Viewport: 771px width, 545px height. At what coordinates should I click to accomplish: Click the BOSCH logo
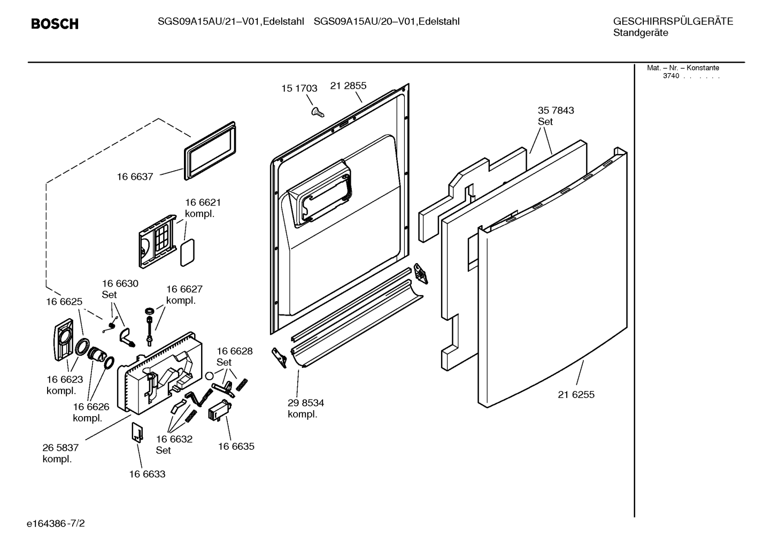click(55, 24)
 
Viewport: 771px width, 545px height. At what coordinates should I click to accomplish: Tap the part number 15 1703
click(299, 88)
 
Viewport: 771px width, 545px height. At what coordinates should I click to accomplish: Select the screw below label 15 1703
click(318, 112)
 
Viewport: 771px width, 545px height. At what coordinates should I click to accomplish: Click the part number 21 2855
click(348, 86)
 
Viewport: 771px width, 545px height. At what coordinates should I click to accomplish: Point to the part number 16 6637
click(135, 176)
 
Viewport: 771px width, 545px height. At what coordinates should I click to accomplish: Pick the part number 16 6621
click(203, 203)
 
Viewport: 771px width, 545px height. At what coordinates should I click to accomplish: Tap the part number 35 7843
click(556, 111)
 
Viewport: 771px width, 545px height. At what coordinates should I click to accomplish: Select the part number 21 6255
click(576, 395)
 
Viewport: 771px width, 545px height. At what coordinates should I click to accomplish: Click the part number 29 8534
click(306, 403)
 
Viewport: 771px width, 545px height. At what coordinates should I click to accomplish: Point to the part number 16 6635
click(236, 447)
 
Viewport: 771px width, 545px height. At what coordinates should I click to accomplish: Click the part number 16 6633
click(148, 474)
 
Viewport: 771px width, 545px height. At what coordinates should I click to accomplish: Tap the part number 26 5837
click(60, 448)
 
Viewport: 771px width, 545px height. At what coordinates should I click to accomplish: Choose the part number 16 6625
click(64, 302)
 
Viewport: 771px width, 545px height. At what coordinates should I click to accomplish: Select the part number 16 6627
click(184, 289)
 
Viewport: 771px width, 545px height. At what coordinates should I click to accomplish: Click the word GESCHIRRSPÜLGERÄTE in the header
click(673, 21)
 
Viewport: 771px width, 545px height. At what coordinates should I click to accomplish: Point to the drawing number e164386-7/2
click(56, 524)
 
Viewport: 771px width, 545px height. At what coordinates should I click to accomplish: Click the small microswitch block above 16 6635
click(220, 410)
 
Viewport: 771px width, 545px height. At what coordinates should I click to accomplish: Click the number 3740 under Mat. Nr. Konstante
click(671, 76)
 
